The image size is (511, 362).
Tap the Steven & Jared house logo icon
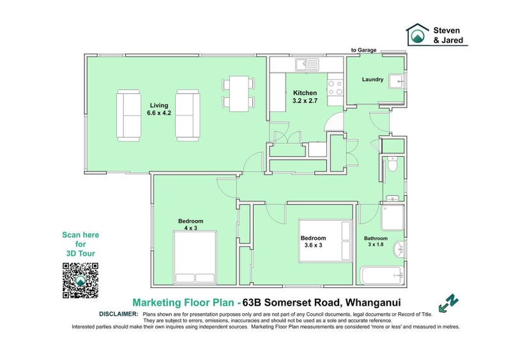[418, 35]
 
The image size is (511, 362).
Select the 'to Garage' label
[364, 50]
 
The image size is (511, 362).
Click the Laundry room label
[372, 80]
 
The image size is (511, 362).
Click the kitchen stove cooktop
[335, 87]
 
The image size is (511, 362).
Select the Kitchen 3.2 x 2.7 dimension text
[305, 97]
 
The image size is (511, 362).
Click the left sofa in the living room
[128, 115]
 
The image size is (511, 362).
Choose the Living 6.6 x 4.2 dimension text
[159, 110]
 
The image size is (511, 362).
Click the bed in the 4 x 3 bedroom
[195, 258]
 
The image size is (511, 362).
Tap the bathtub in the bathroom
[383, 276]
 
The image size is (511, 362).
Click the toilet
[393, 166]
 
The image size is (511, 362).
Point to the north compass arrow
[449, 301]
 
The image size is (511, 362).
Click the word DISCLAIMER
[118, 314]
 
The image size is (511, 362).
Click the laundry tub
[396, 81]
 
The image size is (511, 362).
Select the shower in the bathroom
[392, 217]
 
